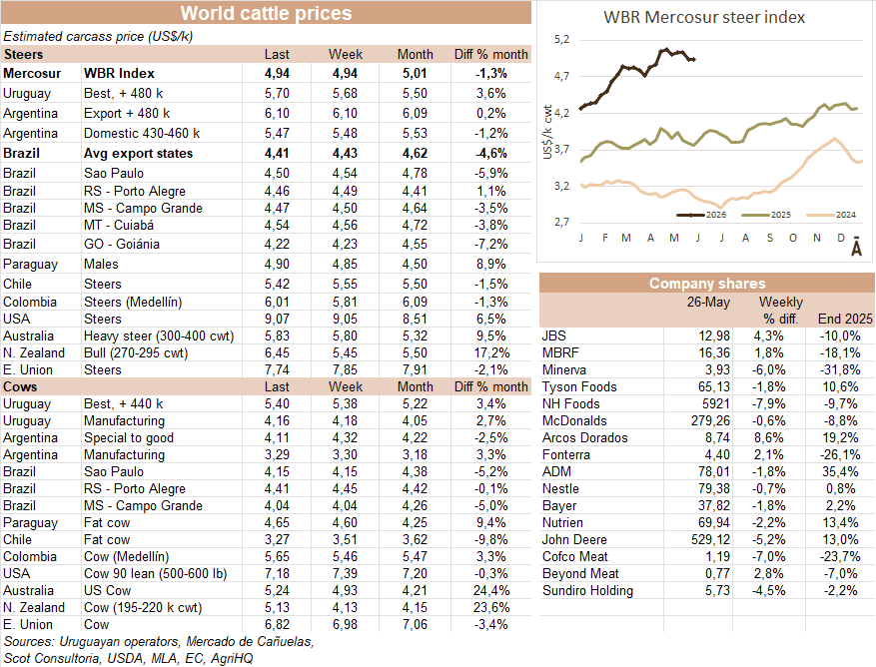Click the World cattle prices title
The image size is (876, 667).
click(x=266, y=13)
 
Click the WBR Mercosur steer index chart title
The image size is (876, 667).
click(x=704, y=17)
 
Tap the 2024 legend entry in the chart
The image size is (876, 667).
click(x=831, y=215)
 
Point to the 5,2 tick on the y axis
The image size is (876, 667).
click(x=561, y=39)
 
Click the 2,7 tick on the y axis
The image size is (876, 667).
click(x=561, y=222)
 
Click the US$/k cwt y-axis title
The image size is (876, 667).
click(x=547, y=132)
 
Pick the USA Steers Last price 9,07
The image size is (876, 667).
click(x=277, y=319)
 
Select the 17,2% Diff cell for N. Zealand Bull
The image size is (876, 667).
click(x=491, y=353)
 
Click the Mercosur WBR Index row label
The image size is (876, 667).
click(x=79, y=73)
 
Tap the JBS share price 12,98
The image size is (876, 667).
click(x=714, y=335)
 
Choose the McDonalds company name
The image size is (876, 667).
click(x=574, y=420)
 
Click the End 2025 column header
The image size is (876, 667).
click(x=845, y=319)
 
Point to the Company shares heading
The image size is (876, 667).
click(x=707, y=284)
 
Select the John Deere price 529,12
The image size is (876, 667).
click(x=710, y=539)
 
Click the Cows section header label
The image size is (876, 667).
click(x=20, y=386)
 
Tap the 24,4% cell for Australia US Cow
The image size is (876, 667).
click(x=491, y=590)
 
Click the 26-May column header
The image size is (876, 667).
click(x=708, y=303)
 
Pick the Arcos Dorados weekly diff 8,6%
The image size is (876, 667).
click(x=769, y=438)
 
